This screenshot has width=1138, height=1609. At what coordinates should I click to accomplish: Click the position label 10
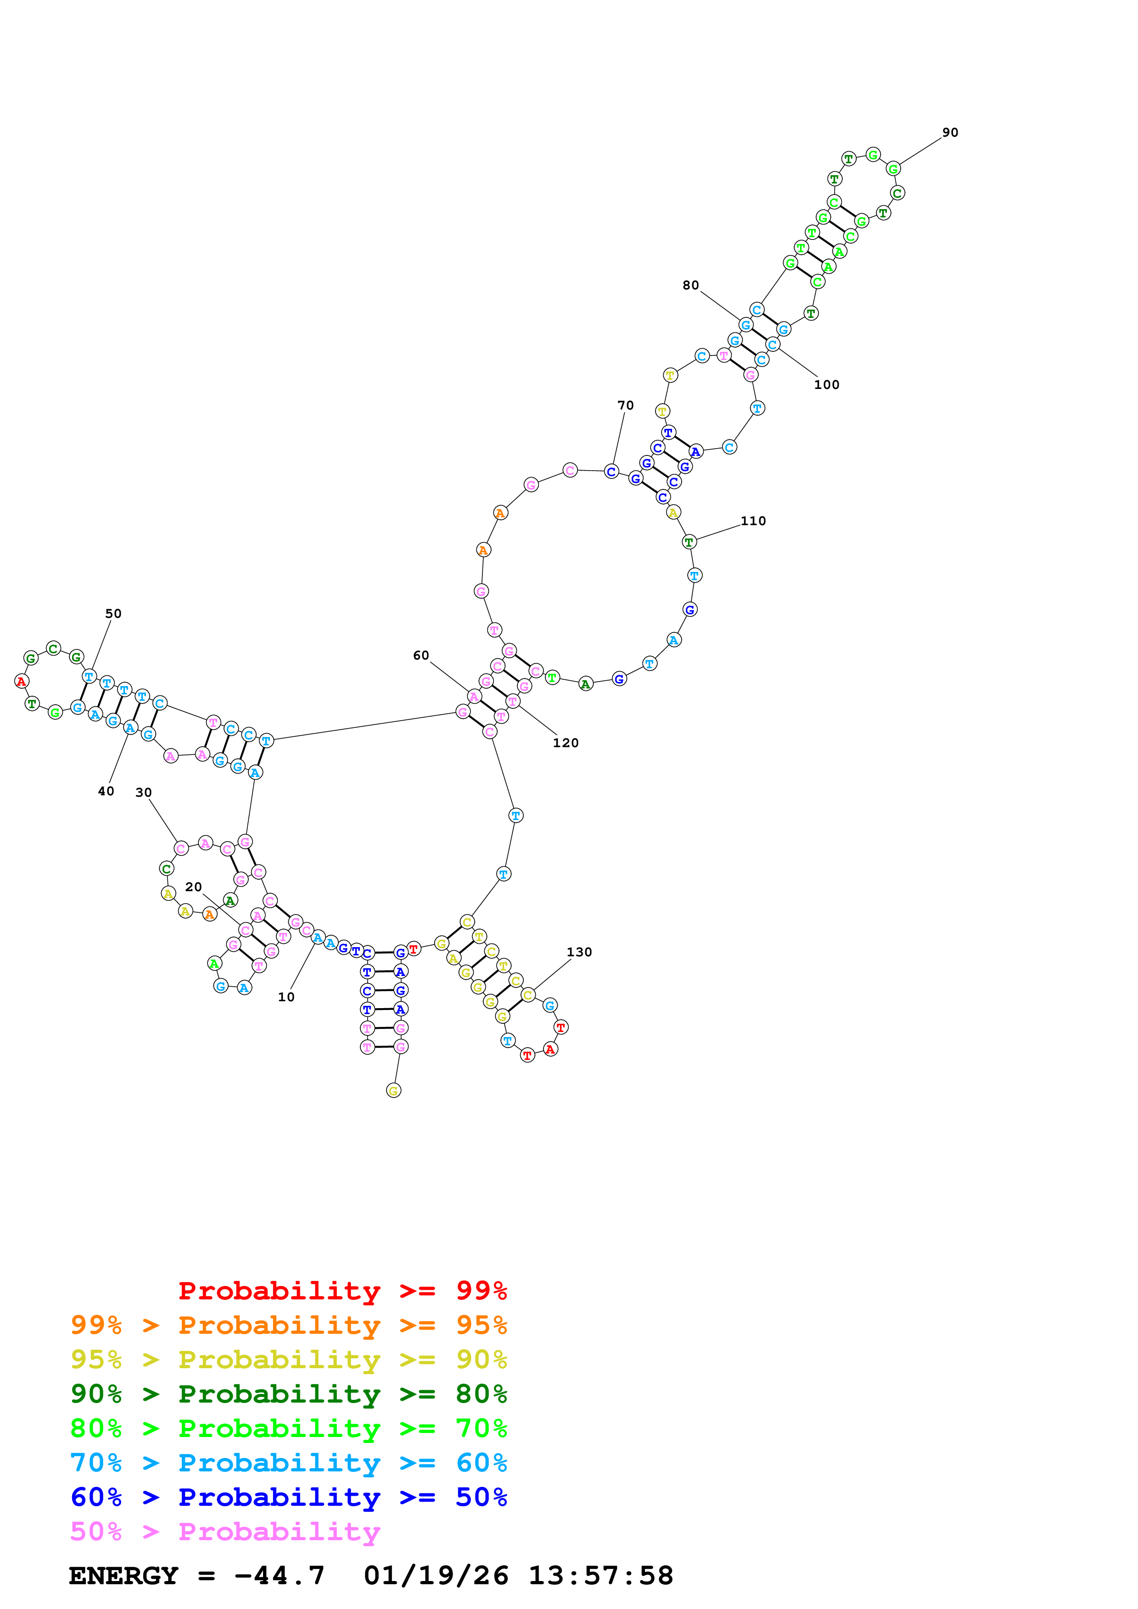pyautogui.click(x=286, y=997)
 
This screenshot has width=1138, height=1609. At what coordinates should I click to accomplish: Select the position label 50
pyautogui.click(x=113, y=613)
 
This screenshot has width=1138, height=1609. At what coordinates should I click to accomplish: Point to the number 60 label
pyautogui.click(x=420, y=655)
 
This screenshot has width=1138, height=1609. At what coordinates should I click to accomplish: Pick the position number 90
pyautogui.click(x=950, y=133)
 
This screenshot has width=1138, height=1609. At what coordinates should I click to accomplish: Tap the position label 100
pyautogui.click(x=827, y=385)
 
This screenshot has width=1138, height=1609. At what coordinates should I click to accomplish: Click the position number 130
pyautogui.click(x=579, y=952)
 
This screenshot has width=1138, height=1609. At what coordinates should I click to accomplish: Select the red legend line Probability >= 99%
pyautogui.click(x=342, y=1290)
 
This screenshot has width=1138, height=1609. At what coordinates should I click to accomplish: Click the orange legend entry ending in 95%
pyautogui.click(x=288, y=1325)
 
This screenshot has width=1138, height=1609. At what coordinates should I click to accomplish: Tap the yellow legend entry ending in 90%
pyautogui.click(x=288, y=1359)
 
